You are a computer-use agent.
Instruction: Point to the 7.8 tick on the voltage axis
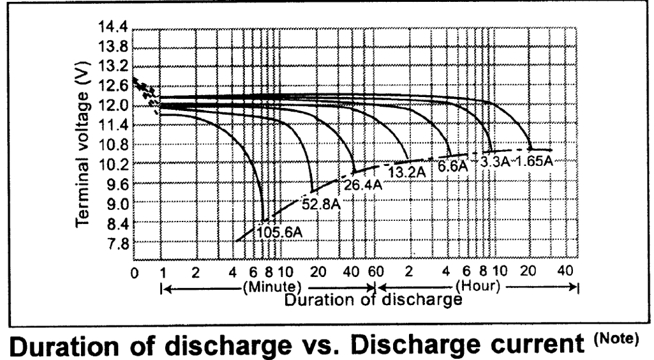(x=118, y=243)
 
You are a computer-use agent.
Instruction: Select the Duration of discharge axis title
(x=373, y=299)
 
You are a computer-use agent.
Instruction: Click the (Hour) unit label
(x=477, y=285)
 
